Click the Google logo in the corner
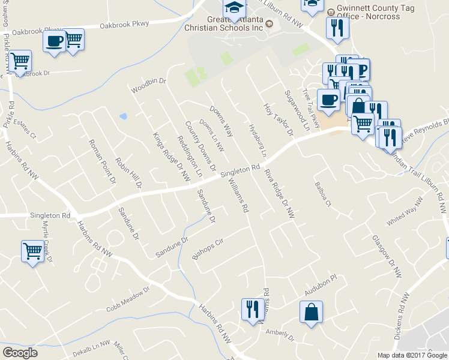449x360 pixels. (20, 353)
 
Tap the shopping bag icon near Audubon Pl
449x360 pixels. (312, 312)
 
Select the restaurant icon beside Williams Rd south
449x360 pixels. (250, 309)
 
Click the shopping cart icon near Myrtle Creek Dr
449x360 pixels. (32, 251)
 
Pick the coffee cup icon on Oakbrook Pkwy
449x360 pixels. (54, 42)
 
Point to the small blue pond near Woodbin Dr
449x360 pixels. (123, 116)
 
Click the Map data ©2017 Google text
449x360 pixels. (412, 355)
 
